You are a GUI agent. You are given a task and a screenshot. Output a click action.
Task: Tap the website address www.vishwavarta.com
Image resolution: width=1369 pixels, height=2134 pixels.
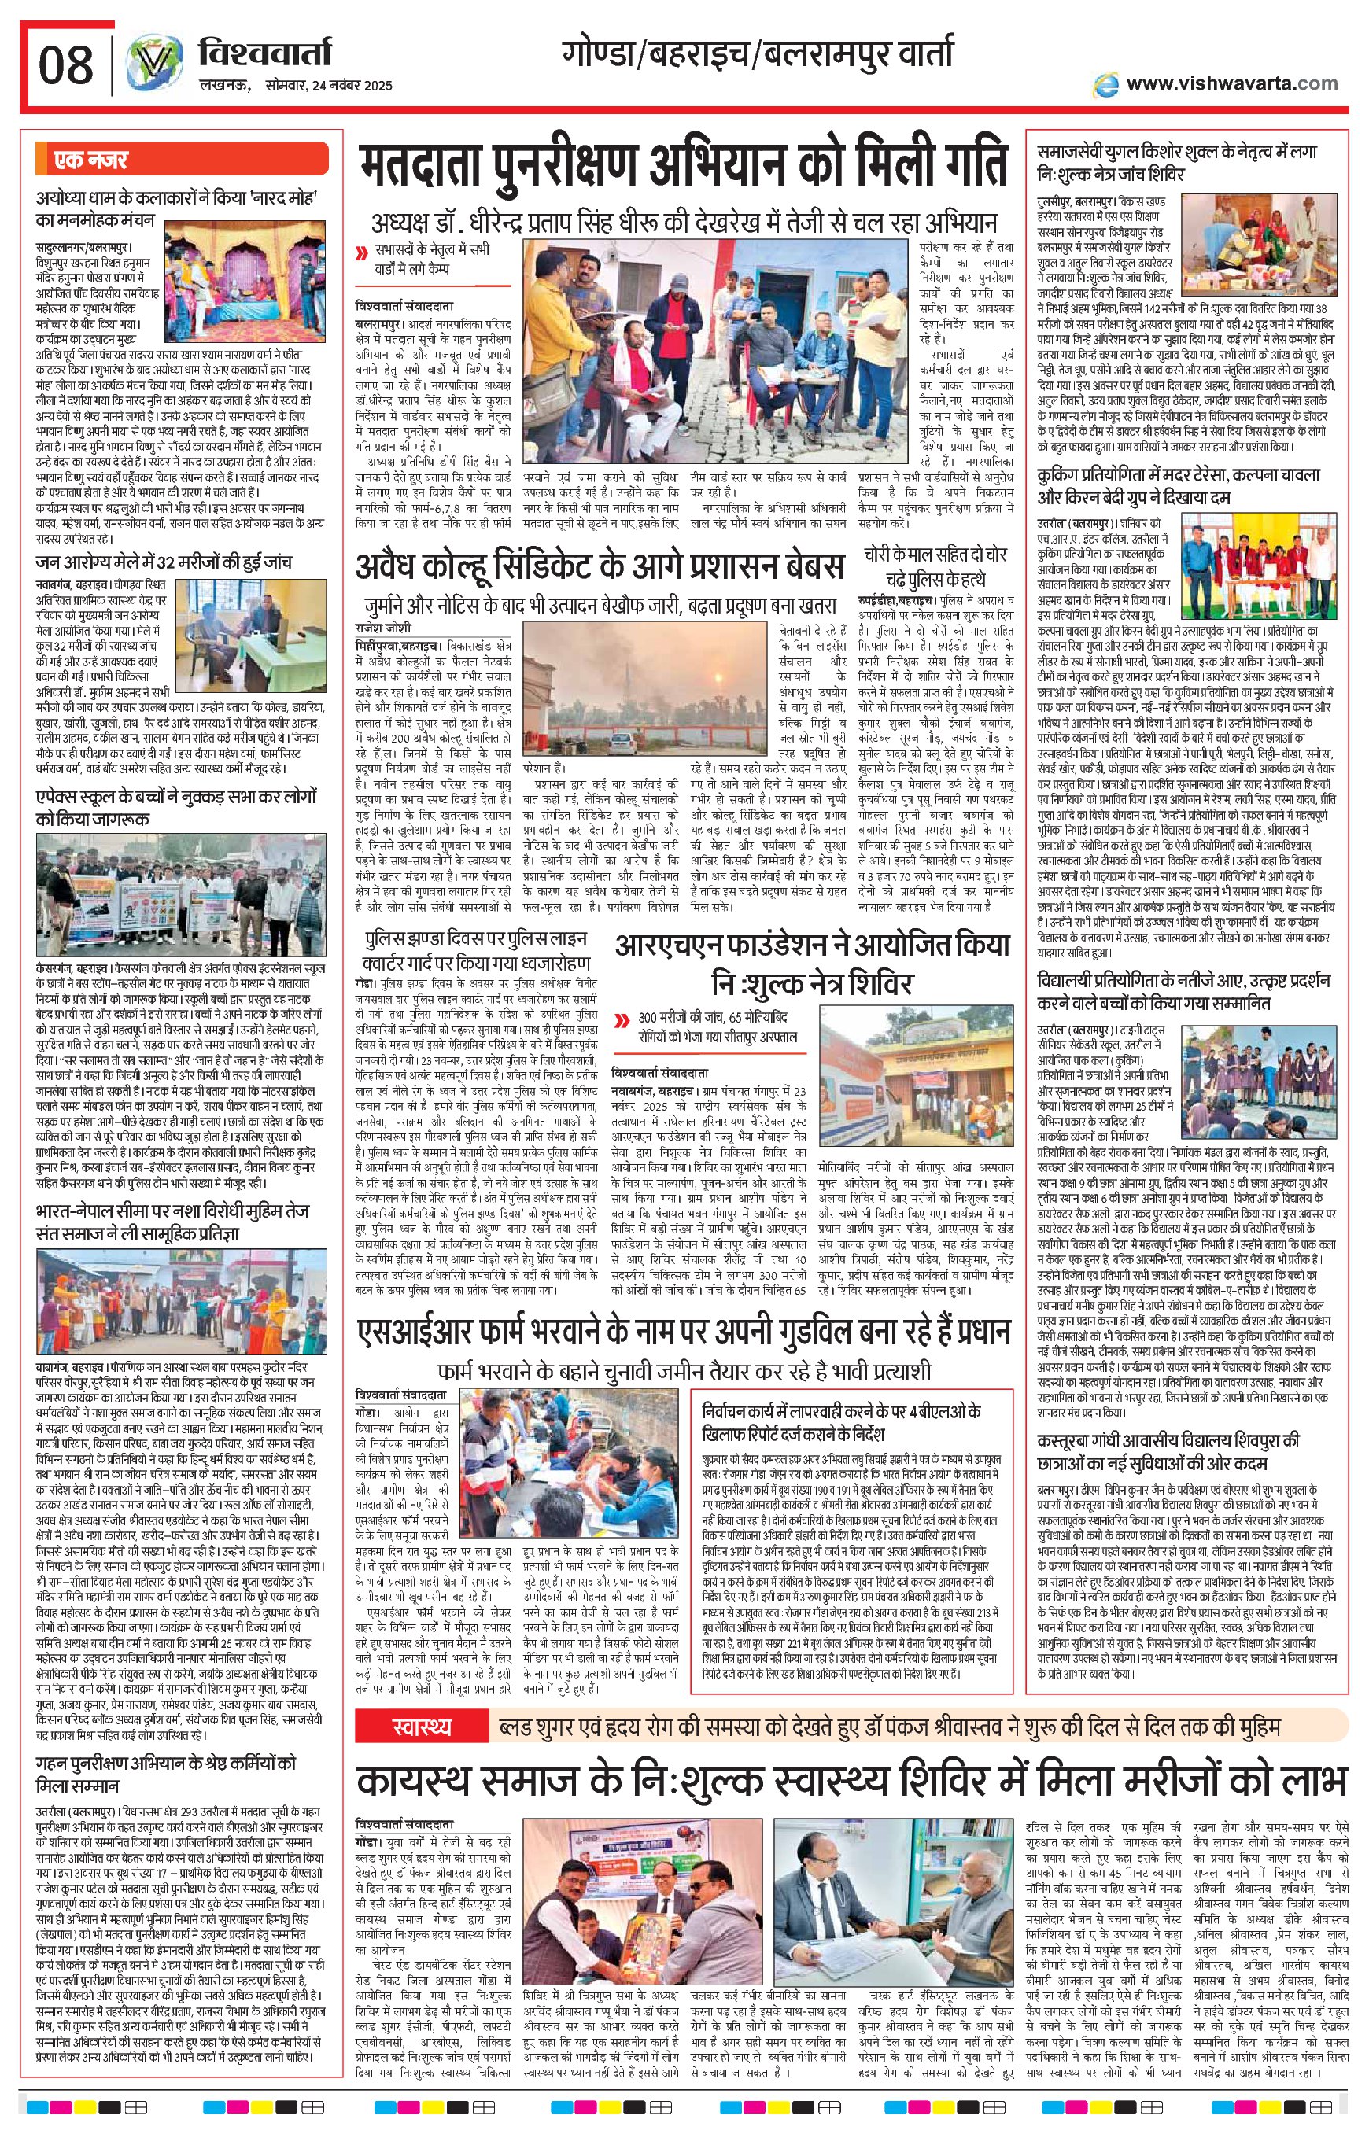[1231, 83]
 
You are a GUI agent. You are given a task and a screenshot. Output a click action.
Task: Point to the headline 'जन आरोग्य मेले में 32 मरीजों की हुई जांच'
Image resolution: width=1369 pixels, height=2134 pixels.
[164, 562]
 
